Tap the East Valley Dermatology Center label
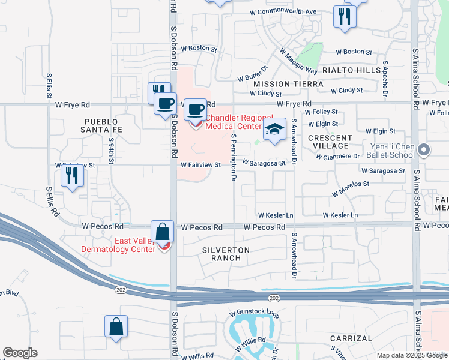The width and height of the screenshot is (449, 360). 126,245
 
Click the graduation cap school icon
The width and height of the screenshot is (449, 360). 274,130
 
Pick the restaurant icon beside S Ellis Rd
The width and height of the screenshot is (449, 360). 72,176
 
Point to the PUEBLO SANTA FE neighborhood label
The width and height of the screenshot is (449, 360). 104,125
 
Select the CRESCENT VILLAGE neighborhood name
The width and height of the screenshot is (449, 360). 330,142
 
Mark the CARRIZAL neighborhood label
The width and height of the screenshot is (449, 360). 351,338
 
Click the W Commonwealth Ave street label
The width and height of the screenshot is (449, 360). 283,12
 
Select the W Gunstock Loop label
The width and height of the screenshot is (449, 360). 255,314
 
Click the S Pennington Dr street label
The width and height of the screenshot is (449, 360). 234,163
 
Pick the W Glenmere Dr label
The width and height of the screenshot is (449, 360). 337,156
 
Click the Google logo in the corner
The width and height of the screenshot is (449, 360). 20,353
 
